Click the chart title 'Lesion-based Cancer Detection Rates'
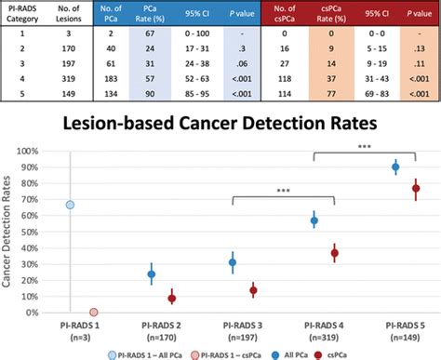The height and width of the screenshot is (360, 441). tap(220, 122)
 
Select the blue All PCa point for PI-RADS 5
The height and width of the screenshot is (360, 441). tap(395, 167)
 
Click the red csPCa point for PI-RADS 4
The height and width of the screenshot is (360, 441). tap(334, 253)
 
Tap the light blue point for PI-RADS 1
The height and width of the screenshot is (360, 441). tap(70, 204)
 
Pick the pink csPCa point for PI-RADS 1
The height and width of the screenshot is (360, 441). tap(94, 313)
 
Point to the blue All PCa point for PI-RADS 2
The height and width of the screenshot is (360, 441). tap(152, 273)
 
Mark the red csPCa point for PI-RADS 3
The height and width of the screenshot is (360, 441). tap(252, 290)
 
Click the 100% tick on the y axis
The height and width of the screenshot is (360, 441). tap(46, 151)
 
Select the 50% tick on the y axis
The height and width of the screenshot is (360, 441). tap(47, 232)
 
